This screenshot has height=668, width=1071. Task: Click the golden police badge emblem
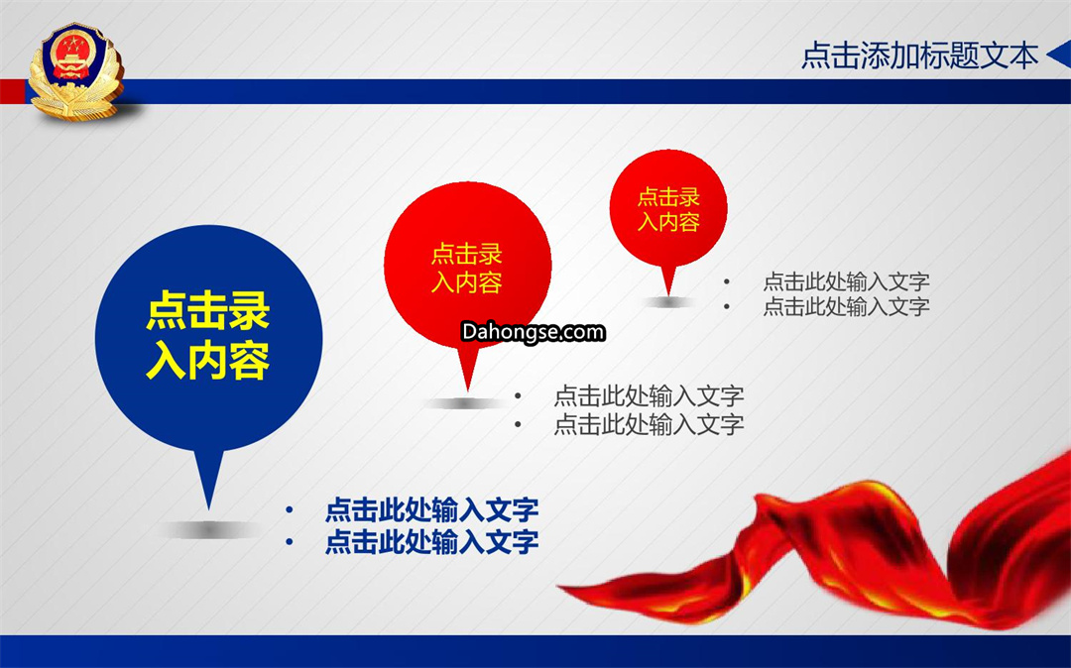click(75, 71)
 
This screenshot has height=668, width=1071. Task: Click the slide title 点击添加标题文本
click(919, 56)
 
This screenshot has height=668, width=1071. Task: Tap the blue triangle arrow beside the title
click(1058, 55)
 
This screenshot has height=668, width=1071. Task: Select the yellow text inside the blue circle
click(208, 335)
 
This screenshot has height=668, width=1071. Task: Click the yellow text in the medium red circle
click(467, 269)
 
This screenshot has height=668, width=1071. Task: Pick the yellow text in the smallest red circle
click(668, 209)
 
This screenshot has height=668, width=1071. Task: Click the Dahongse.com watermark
click(533, 332)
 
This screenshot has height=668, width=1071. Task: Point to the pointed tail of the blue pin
click(209, 509)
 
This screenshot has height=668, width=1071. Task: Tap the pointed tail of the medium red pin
click(468, 390)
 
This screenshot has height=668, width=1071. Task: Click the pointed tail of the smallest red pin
click(668, 294)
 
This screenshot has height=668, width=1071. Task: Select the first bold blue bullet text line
click(431, 509)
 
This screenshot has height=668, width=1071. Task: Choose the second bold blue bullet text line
click(431, 542)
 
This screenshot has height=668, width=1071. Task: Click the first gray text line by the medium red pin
click(649, 395)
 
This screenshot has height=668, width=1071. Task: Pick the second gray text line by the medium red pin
click(649, 424)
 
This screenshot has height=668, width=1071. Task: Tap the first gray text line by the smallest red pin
click(846, 281)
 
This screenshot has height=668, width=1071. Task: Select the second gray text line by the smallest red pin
click(846, 306)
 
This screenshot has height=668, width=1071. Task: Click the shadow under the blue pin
click(209, 529)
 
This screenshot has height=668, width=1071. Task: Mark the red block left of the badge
click(13, 91)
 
